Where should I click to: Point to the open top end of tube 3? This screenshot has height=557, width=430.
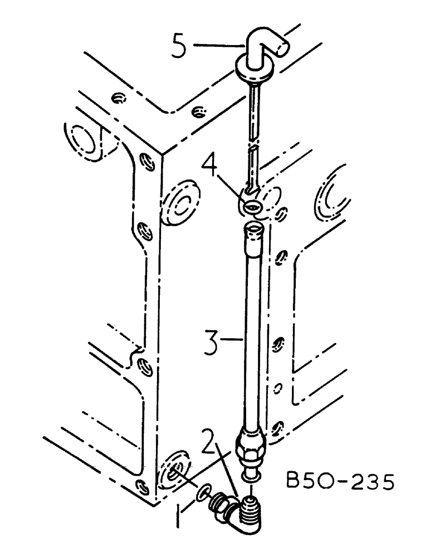click(253, 228)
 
